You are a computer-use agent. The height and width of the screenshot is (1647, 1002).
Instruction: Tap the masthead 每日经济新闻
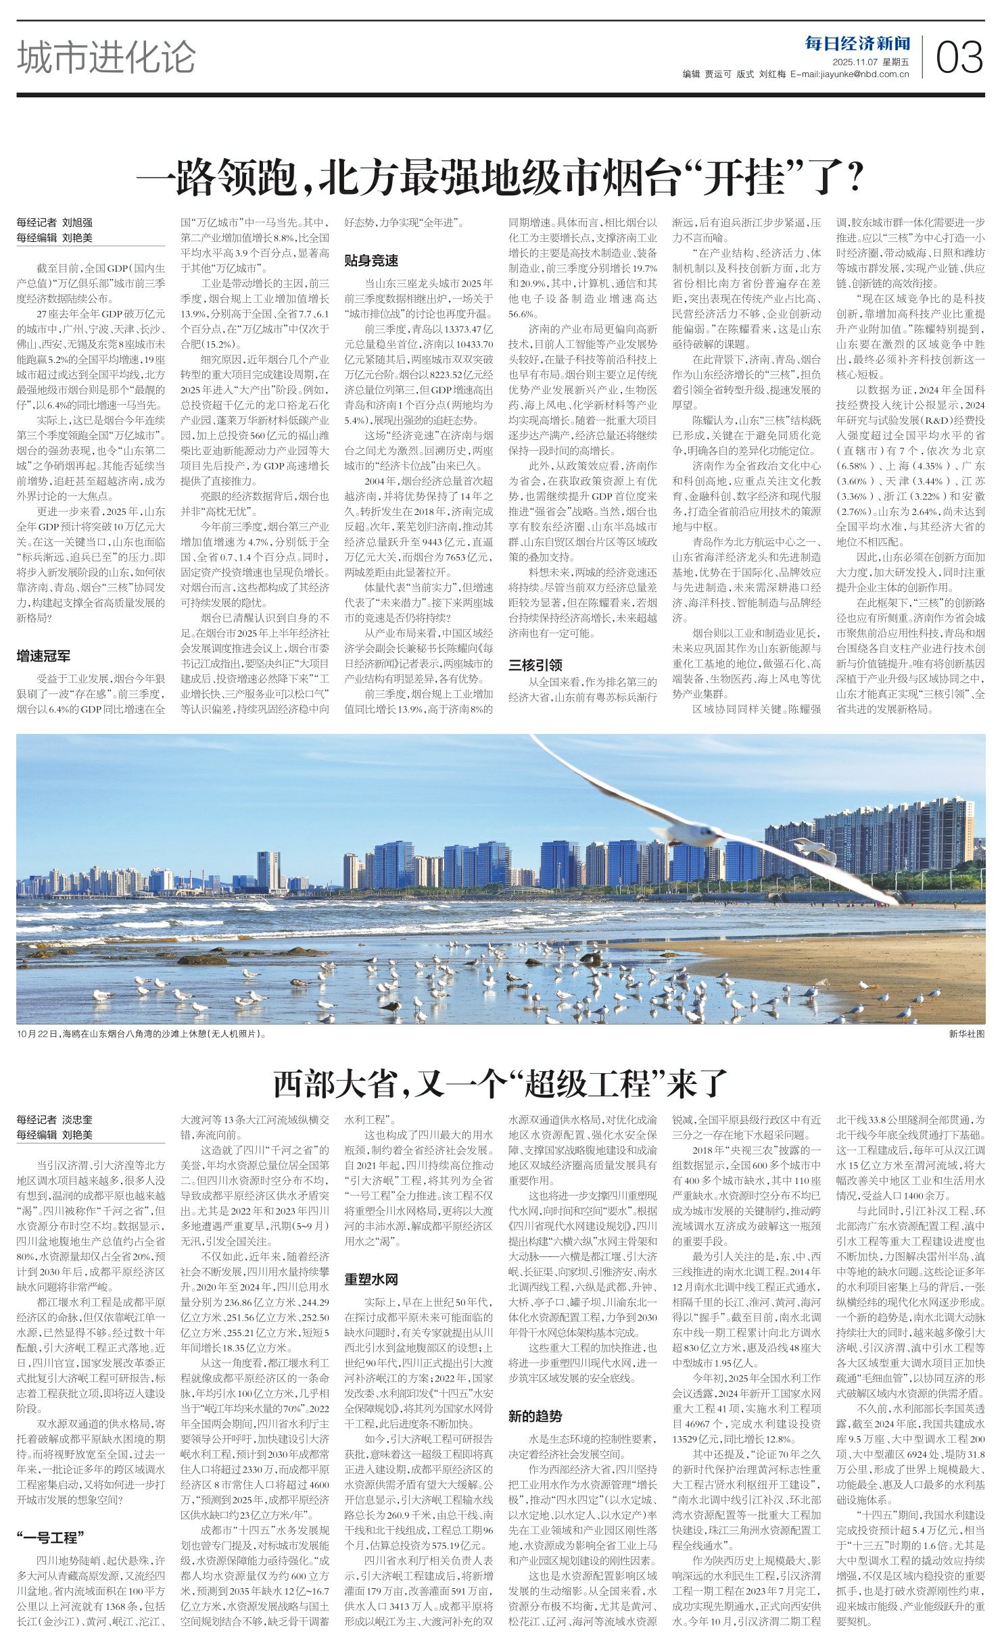pos(857,44)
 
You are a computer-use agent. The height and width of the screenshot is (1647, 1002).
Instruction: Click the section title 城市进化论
pos(106,57)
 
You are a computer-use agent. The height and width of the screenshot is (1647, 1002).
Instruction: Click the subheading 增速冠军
pos(43,656)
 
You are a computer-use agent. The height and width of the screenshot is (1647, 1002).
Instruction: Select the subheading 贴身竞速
pos(371,260)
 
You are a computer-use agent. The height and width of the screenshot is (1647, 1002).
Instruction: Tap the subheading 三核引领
pos(535,664)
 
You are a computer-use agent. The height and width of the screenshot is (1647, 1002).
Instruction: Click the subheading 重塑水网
pos(371,1279)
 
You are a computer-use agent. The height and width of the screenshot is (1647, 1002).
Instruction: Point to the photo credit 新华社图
pos(967,1034)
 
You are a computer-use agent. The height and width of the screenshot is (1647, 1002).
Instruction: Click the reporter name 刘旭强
pos(78,222)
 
